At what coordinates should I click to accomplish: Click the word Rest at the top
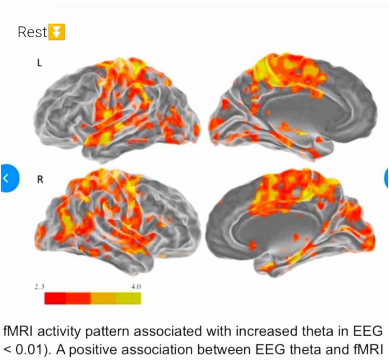click(x=32, y=32)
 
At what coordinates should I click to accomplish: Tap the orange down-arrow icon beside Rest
click(x=56, y=32)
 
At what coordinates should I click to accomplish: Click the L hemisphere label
click(x=39, y=63)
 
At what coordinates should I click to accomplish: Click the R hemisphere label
click(x=39, y=180)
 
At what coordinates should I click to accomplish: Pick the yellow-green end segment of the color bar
click(x=129, y=298)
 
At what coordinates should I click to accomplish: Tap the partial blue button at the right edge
click(x=386, y=178)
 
